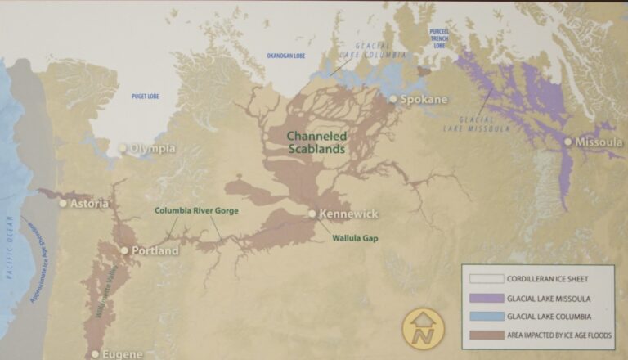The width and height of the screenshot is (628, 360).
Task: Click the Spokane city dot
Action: (392, 99)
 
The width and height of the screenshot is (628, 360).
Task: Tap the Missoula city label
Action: (599, 142)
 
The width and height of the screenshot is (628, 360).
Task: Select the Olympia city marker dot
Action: (123, 149)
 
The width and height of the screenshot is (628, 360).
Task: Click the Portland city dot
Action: (124, 250)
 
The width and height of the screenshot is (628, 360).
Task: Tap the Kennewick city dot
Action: (312, 214)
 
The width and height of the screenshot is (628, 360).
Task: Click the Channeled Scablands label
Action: (316, 142)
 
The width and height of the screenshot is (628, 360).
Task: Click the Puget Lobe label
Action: (145, 97)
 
